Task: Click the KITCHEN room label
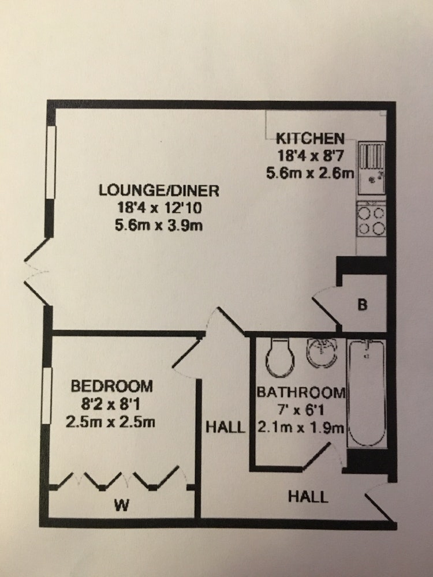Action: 310,138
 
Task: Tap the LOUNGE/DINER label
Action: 159,190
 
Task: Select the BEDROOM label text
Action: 111,387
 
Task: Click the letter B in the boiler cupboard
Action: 363,305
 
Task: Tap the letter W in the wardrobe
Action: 121,505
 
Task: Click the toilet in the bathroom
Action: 280,358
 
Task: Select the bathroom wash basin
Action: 322,353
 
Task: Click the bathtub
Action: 367,393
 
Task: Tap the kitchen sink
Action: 372,168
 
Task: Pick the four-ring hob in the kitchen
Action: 371,220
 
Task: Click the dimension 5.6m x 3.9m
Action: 159,225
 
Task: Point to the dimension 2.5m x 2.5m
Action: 110,421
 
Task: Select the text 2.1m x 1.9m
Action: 301,428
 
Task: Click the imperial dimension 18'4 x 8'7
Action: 311,156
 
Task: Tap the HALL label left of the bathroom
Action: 225,427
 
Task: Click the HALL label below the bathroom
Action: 308,497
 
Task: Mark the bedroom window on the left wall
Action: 46,396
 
